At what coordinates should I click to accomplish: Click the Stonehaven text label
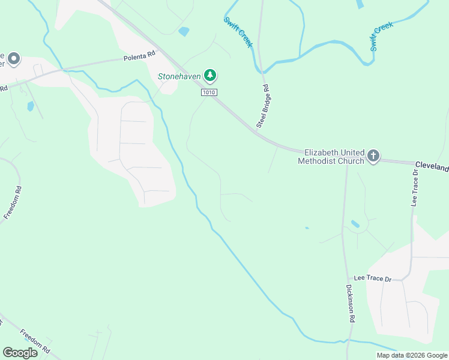pyautogui.click(x=179, y=76)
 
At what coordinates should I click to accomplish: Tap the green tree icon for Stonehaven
pyautogui.click(x=209, y=76)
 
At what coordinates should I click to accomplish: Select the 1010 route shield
pyautogui.click(x=208, y=92)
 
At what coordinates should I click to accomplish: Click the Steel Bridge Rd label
pyautogui.click(x=264, y=106)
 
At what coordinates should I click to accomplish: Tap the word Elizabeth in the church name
pyautogui.click(x=323, y=152)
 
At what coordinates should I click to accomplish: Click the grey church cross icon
pyautogui.click(x=373, y=157)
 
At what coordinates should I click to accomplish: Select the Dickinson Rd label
pyautogui.click(x=351, y=303)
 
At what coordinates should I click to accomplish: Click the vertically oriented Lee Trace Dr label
pyautogui.click(x=414, y=188)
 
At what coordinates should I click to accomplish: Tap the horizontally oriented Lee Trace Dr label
pyautogui.click(x=372, y=278)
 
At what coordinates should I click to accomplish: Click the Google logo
pyautogui.click(x=20, y=352)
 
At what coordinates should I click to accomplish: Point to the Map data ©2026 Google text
pyautogui.click(x=411, y=355)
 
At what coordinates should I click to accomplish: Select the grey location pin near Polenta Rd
pyautogui.click(x=14, y=59)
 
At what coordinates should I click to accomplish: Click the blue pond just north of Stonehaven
pyautogui.click(x=184, y=31)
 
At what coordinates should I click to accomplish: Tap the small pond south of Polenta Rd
pyautogui.click(x=30, y=107)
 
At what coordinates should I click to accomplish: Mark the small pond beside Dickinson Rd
pyautogui.click(x=355, y=224)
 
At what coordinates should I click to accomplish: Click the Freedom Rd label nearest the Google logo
pyautogui.click(x=35, y=340)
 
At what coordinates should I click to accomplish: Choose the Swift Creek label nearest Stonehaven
pyautogui.click(x=239, y=32)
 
